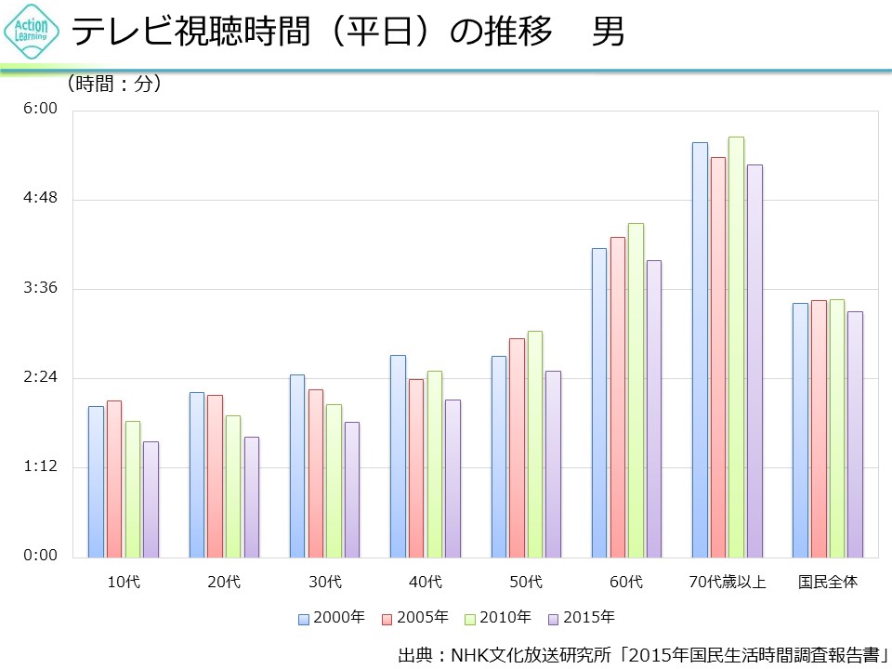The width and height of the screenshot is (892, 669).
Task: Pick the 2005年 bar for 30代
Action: (x=316, y=473)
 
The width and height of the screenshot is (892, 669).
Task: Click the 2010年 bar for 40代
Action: (x=435, y=464)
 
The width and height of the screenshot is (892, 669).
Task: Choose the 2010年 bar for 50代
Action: (x=535, y=444)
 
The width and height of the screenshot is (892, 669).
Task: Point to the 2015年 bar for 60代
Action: (x=654, y=409)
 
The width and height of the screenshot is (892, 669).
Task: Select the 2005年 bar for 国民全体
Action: (x=819, y=428)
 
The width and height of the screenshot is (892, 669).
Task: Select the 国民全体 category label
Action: (x=828, y=583)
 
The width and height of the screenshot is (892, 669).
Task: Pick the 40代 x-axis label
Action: (x=426, y=583)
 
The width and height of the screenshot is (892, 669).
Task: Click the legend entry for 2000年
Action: (x=332, y=617)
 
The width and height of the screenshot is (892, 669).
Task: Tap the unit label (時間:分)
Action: (x=115, y=84)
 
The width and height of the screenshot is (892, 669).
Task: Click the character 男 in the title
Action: (x=609, y=33)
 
